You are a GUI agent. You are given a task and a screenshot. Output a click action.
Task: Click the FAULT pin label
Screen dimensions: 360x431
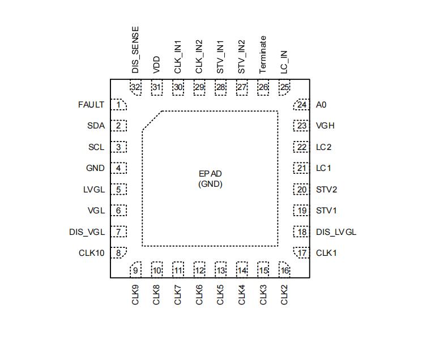[91, 105]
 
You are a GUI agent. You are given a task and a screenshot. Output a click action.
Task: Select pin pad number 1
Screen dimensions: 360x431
[118, 105]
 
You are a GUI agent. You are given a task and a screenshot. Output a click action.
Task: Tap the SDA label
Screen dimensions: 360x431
[96, 126]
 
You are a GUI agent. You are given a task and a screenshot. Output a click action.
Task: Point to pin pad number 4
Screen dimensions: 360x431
[118, 168]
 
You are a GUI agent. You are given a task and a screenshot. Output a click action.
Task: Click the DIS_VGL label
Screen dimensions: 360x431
[87, 232]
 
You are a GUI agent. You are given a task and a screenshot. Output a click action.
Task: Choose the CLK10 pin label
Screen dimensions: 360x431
[91, 253]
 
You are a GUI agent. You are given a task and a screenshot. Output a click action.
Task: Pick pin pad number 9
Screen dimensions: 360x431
[135, 270]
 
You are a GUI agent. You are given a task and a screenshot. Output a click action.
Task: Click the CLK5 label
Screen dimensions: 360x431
[220, 294]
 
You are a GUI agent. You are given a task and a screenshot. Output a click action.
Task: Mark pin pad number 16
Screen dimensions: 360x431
[284, 270]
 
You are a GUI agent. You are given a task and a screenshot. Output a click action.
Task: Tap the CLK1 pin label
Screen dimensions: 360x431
[326, 253]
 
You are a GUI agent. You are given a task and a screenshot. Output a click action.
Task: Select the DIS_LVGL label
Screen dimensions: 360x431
[336, 232]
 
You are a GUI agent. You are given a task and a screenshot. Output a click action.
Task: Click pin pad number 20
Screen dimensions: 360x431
[302, 190]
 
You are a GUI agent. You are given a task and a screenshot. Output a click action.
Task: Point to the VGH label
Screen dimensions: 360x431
[325, 126]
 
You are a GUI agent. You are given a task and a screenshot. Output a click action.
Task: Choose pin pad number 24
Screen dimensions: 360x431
[302, 105]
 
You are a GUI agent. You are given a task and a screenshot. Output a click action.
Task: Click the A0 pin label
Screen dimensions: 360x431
[321, 105]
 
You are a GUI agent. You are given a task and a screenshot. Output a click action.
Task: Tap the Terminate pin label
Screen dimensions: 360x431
[263, 54]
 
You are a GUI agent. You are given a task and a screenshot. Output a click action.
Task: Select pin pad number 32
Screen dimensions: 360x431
[135, 87]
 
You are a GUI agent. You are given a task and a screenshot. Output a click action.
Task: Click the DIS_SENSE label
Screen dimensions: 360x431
[135, 49]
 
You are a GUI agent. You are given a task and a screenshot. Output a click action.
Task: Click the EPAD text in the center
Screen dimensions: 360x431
[210, 174]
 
